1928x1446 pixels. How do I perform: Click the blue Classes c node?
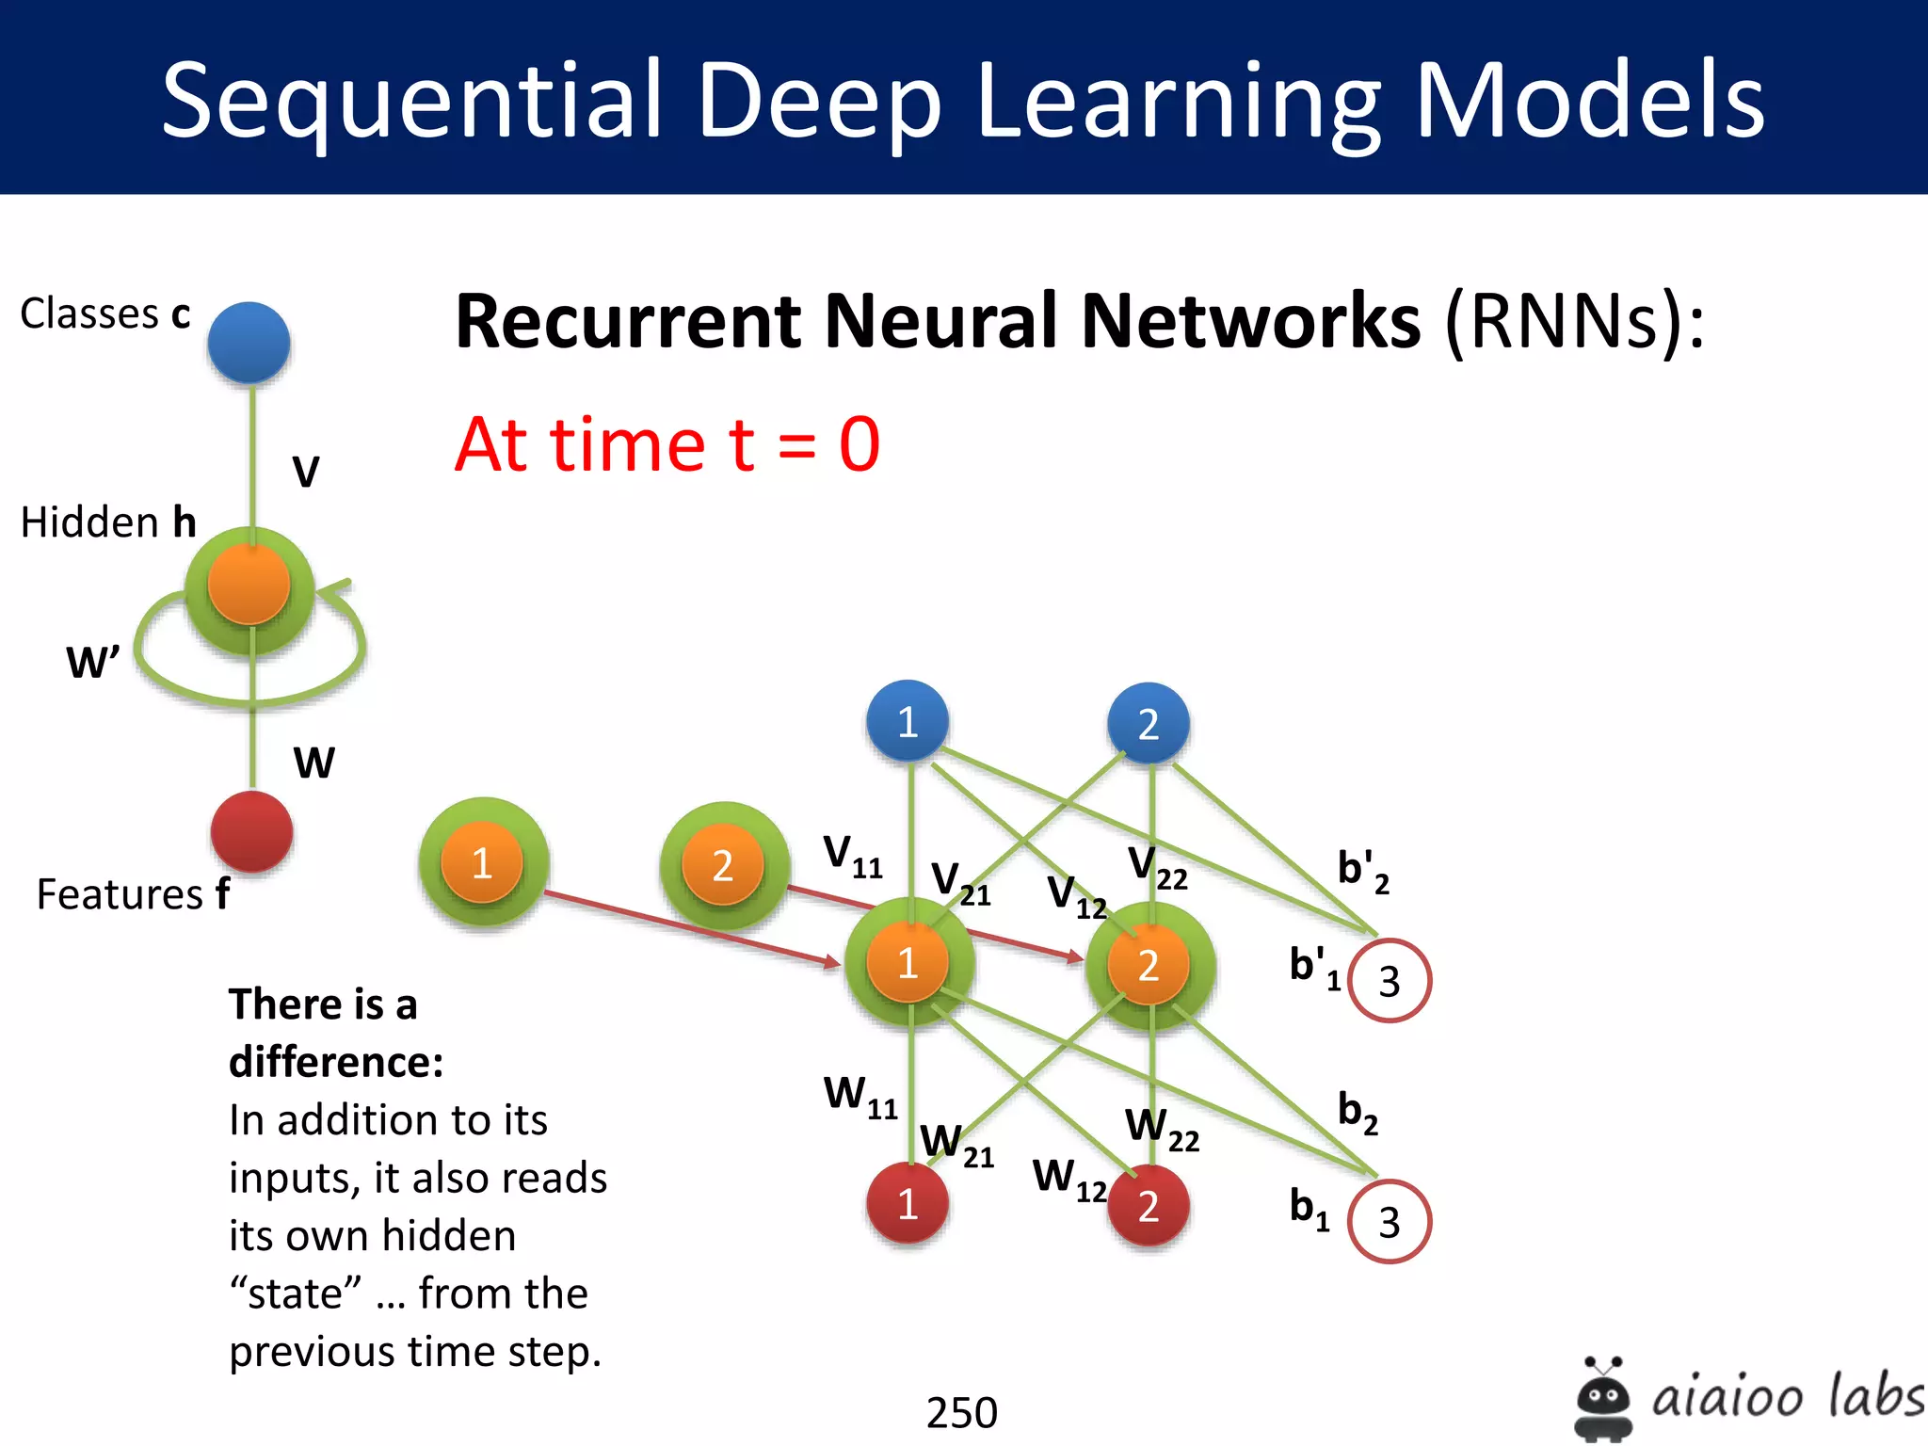click(x=249, y=342)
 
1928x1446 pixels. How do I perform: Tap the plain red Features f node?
click(x=251, y=831)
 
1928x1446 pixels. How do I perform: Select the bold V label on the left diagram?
click(x=306, y=472)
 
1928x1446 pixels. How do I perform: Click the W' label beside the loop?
click(x=93, y=662)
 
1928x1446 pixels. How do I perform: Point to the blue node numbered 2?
click(x=1149, y=723)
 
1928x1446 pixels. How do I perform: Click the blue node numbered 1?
click(x=908, y=721)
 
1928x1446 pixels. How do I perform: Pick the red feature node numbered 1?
click(x=908, y=1203)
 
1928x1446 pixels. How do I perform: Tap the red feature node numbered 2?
click(x=1149, y=1206)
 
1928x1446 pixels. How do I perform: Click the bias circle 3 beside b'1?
click(x=1389, y=981)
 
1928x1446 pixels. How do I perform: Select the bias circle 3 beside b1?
click(x=1389, y=1222)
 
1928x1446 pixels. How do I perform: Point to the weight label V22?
click(x=1157, y=867)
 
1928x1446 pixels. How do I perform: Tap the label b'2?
click(x=1362, y=870)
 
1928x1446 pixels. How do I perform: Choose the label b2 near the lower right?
click(x=1358, y=1113)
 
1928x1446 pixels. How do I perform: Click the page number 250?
click(x=961, y=1412)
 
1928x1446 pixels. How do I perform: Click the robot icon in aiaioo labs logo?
click(x=1602, y=1398)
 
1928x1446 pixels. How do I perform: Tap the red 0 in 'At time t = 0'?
click(x=859, y=444)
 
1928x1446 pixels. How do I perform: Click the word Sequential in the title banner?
click(x=411, y=100)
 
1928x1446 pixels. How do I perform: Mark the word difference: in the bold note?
click(x=336, y=1062)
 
